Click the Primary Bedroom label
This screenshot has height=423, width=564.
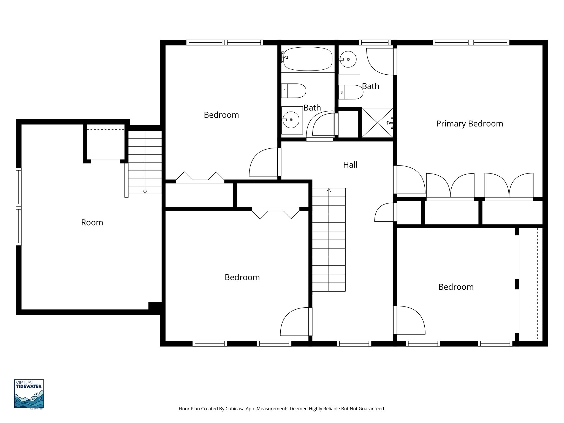pyautogui.click(x=469, y=124)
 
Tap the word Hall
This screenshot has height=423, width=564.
pyautogui.click(x=350, y=165)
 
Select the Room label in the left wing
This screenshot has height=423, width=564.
pyautogui.click(x=92, y=222)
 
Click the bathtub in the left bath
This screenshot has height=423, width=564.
pyautogui.click(x=308, y=59)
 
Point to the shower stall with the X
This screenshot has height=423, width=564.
pyautogui.click(x=377, y=123)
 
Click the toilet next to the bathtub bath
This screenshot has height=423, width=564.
pyautogui.click(x=294, y=91)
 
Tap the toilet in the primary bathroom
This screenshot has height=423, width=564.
pyautogui.click(x=351, y=92)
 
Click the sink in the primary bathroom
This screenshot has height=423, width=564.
pyautogui.click(x=348, y=59)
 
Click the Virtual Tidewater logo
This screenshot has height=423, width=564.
pyautogui.click(x=29, y=394)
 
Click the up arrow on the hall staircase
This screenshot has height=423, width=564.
pyautogui.click(x=329, y=191)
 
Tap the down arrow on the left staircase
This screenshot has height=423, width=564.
pyautogui.click(x=145, y=192)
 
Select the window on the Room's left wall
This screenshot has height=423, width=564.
pyautogui.click(x=18, y=207)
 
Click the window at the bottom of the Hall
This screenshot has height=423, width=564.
pyautogui.click(x=354, y=343)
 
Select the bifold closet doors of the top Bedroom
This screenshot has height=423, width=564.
pyautogui.click(x=200, y=178)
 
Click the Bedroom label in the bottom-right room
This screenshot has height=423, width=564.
pyautogui.click(x=456, y=287)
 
